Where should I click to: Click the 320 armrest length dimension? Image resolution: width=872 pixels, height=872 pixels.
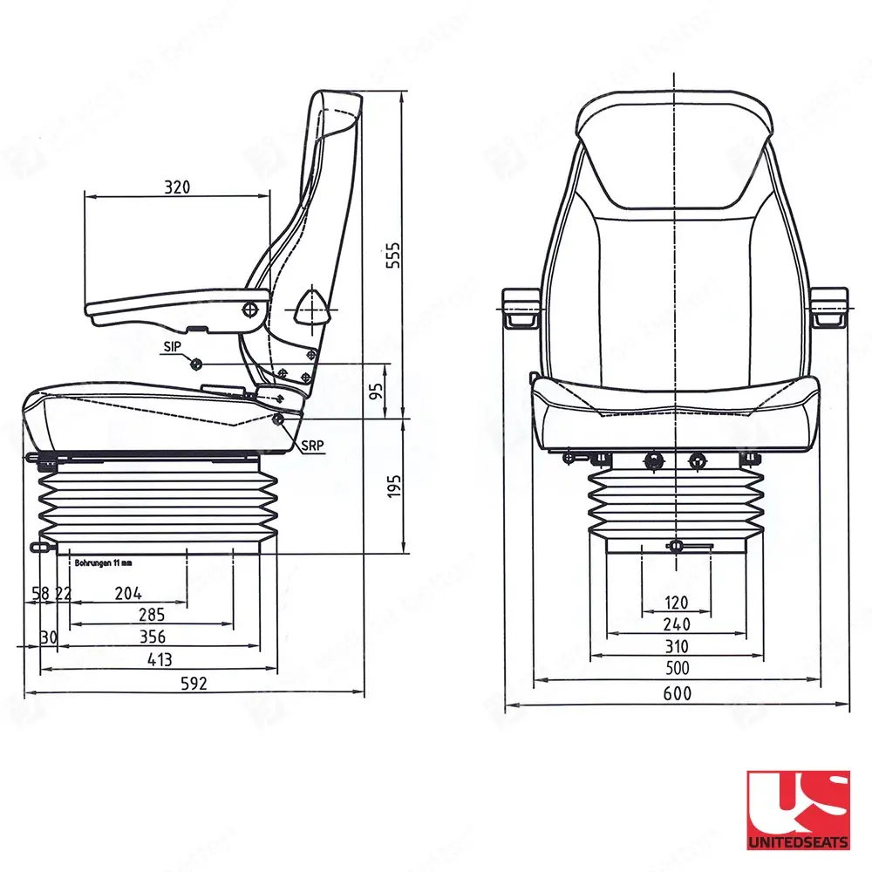176,186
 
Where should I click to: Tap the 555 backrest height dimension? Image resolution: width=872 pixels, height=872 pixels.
393,255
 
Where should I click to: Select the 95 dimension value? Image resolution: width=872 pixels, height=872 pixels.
377,390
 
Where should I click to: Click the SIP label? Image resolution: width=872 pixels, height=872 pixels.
173,346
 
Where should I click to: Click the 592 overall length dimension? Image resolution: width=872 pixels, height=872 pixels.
194,683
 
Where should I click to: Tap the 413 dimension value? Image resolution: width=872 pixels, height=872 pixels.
159,659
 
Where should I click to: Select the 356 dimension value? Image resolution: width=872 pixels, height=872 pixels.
152,637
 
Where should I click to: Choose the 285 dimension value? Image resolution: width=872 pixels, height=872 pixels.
152,616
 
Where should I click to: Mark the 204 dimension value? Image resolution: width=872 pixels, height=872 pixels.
128,593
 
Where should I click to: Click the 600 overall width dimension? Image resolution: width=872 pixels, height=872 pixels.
677,693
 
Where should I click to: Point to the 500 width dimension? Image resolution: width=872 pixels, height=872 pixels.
677,669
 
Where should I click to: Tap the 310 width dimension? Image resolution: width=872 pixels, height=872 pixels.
677,646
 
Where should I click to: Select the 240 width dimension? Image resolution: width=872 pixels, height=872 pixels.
677,624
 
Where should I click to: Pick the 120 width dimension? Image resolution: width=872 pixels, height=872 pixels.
677,602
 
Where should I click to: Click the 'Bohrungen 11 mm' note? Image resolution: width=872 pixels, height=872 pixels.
104,563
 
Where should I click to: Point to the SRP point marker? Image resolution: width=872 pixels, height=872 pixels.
279,419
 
